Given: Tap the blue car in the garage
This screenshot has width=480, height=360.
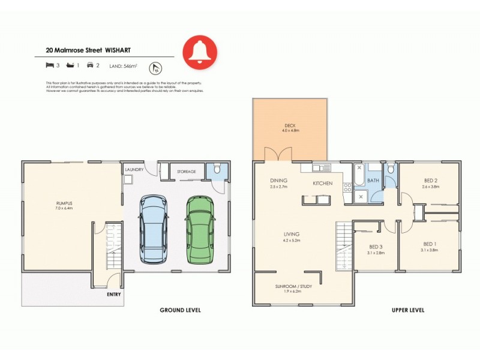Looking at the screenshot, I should pyautogui.click(x=154, y=229).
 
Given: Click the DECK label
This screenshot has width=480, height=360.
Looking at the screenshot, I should pyautogui.click(x=290, y=125).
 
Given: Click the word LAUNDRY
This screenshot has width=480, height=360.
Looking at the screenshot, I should pyautogui.click(x=134, y=170).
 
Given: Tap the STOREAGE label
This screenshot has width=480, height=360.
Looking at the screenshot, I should pyautogui.click(x=186, y=172).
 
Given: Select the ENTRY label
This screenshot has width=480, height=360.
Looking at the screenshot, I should pyautogui.click(x=114, y=294).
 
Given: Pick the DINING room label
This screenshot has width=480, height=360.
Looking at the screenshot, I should pyautogui.click(x=278, y=180).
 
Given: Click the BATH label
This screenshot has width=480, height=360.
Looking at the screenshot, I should pyautogui.click(x=373, y=180).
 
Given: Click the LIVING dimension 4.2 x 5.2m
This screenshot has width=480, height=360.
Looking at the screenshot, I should pyautogui.click(x=292, y=240).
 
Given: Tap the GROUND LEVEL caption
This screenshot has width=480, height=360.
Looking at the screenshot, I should pyautogui.click(x=180, y=310).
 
